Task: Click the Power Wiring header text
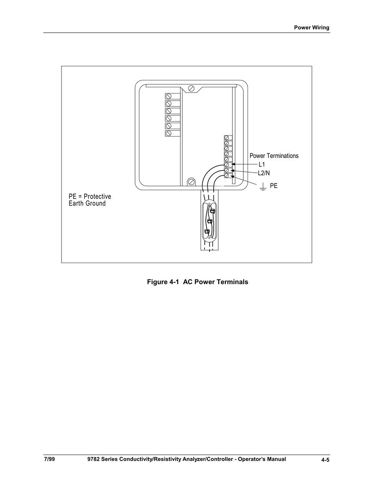click(312, 28)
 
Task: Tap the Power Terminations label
click(274, 156)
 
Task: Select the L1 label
click(261, 165)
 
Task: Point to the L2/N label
click(264, 173)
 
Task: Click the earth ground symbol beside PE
click(263, 187)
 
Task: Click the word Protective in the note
click(97, 196)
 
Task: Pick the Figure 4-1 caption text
click(197, 282)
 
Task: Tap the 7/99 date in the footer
click(49, 459)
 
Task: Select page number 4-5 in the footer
click(325, 460)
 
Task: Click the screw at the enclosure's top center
click(191, 88)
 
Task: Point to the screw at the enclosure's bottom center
click(191, 181)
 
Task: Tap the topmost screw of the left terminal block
click(169, 96)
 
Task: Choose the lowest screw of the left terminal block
click(169, 133)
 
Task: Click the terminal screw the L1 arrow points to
click(227, 165)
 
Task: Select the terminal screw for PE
click(227, 176)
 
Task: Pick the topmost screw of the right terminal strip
click(227, 138)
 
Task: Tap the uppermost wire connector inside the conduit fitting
click(212, 211)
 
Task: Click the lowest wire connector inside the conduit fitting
click(207, 231)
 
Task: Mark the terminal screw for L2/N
click(227, 171)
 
